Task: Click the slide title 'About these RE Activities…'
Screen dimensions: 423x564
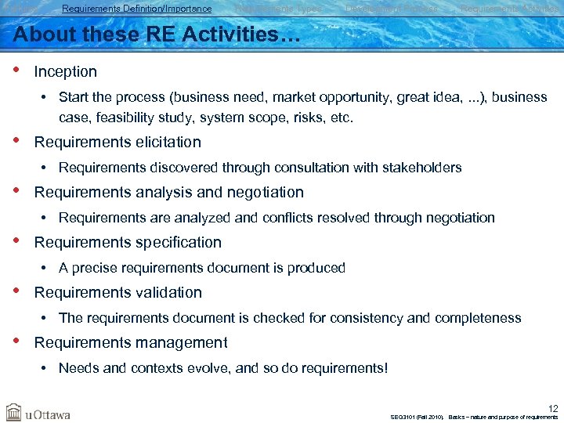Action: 145,34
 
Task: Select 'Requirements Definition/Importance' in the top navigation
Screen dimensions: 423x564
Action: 136,9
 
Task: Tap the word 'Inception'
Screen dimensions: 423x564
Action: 66,71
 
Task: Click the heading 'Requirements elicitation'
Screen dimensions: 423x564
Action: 117,142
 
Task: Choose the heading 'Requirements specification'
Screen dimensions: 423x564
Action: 128,242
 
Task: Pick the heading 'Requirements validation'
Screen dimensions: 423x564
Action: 117,292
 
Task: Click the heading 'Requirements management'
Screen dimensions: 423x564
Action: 131,342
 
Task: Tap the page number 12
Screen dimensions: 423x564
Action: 553,408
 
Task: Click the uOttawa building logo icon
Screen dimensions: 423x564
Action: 14,412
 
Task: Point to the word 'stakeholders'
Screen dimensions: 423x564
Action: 423,168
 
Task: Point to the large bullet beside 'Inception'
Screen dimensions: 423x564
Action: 17,70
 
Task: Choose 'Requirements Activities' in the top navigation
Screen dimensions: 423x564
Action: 509,9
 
